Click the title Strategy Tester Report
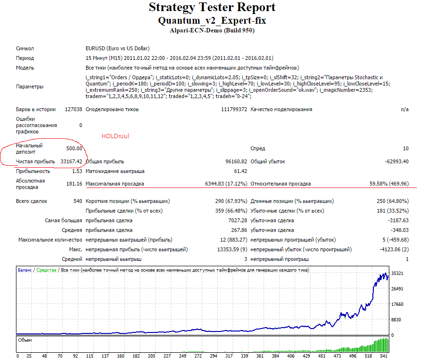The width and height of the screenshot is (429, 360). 212,7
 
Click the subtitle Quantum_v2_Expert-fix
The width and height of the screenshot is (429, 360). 212,20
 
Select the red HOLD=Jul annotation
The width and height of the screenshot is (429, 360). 115,136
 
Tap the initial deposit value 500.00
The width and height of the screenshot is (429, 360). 74,148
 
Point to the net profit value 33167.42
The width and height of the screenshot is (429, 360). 71,161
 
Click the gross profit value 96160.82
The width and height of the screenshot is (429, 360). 236,161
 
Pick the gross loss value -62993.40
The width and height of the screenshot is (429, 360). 397,161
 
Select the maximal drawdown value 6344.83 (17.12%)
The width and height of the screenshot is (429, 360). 226,184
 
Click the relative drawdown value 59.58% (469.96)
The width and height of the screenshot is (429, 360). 389,184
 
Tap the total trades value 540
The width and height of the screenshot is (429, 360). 78,201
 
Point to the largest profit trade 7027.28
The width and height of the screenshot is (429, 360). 238,221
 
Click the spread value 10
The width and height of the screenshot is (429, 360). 406,148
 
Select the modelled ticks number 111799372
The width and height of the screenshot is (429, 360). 234,109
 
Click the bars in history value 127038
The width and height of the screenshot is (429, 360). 74,109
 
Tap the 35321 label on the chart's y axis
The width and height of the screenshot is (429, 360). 397,274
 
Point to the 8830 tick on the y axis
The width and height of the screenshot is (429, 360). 396,319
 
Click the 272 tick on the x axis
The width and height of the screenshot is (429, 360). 198,356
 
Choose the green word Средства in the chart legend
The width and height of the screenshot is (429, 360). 46,270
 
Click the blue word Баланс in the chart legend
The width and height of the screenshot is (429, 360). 25,270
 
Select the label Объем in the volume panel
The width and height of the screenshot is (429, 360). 25,340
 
